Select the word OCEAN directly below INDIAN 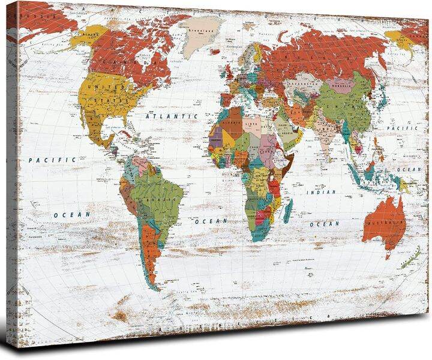click(x=328, y=224)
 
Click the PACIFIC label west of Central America click(x=52, y=160)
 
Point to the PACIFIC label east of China click(x=396, y=128)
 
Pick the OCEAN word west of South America click(x=71, y=214)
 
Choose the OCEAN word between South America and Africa click(x=212, y=221)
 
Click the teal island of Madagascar click(x=288, y=209)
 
